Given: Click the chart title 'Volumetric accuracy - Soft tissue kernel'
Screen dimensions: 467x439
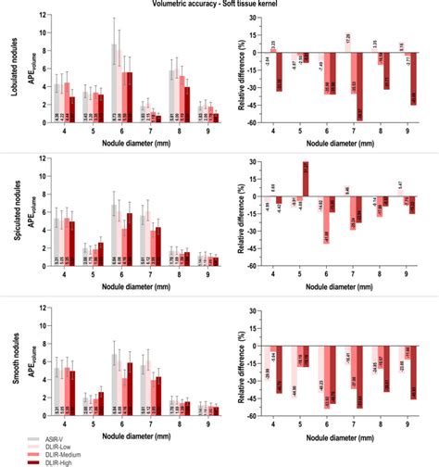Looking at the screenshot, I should click(x=219, y=5).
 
